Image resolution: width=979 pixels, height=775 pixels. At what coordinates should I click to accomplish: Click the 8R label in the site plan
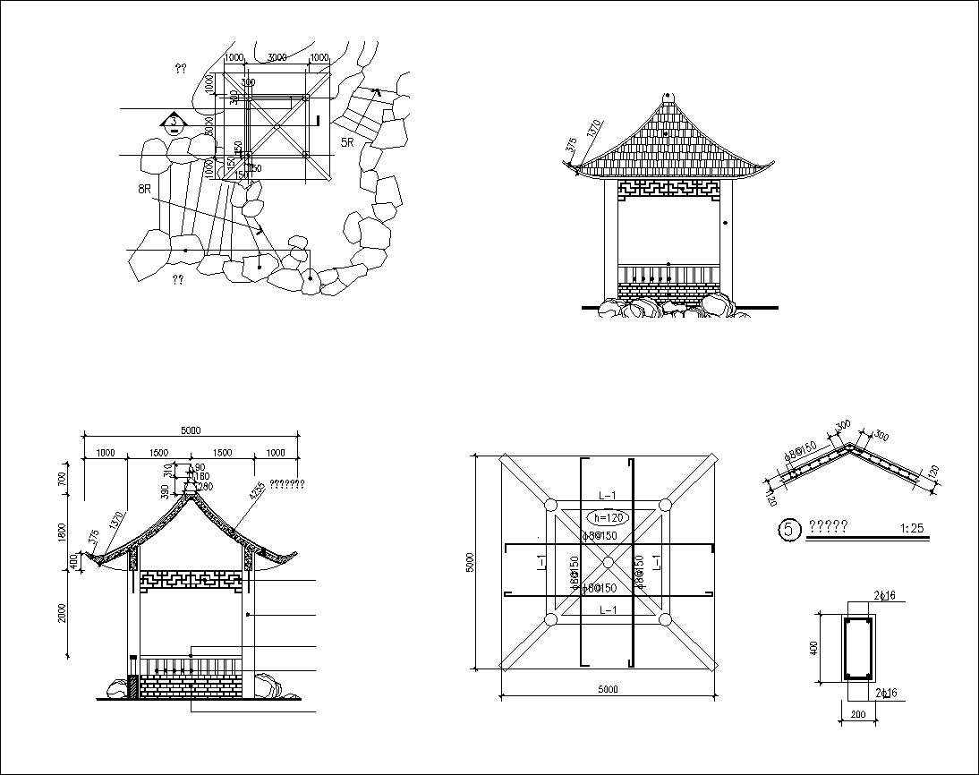point(144,189)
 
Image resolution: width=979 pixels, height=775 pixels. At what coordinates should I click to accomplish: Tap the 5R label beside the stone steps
point(347,142)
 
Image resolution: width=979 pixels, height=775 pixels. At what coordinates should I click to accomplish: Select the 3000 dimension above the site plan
point(277,58)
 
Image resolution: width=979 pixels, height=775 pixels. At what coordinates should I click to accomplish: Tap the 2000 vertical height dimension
point(63,613)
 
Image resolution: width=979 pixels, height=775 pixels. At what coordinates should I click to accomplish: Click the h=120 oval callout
point(608,517)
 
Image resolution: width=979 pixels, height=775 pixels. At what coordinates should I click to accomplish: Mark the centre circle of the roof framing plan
point(608,562)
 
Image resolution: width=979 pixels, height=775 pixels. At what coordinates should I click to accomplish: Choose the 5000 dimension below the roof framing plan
point(608,689)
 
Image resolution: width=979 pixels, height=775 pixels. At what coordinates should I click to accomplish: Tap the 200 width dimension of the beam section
point(858,713)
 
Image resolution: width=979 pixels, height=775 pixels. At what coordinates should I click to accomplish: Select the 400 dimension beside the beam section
point(814,647)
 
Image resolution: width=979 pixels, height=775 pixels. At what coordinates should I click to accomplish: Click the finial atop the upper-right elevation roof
point(668,96)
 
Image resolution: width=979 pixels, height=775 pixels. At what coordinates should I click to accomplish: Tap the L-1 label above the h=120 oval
point(608,495)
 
